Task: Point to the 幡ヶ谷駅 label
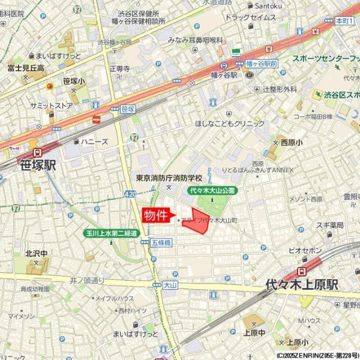coord(226,76)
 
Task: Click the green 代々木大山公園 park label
coord(212,190)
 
